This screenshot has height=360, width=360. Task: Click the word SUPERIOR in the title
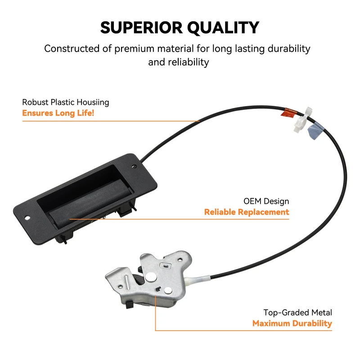coord(141,27)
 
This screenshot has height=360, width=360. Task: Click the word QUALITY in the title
coord(223,28)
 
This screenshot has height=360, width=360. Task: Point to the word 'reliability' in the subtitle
coord(188,62)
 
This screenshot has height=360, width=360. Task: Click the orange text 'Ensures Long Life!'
coord(58,113)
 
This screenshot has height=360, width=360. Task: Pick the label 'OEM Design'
coord(266,201)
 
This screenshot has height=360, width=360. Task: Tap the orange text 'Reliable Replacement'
coord(247,212)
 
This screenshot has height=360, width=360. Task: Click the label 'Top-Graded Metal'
coord(297,312)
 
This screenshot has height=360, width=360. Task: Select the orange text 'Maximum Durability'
coord(292,323)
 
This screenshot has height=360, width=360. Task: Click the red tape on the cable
coord(289,112)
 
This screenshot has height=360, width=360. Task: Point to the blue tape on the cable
coord(315,131)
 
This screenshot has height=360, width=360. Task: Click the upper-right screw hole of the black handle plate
coord(134,166)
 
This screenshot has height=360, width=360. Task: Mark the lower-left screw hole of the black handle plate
coord(27,218)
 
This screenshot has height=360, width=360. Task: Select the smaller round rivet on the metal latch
coord(168,291)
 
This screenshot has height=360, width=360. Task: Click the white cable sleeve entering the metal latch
coord(198,280)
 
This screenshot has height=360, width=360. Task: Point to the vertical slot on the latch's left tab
coord(126,282)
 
